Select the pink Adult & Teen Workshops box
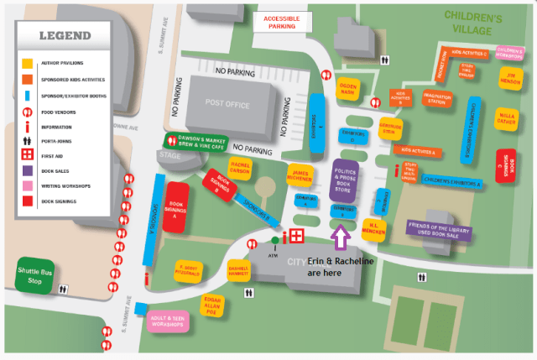tap(168, 321)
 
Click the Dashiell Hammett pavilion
tap(239, 269)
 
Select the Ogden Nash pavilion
tap(348, 88)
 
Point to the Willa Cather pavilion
tap(506, 116)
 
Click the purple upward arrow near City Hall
tap(340, 237)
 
